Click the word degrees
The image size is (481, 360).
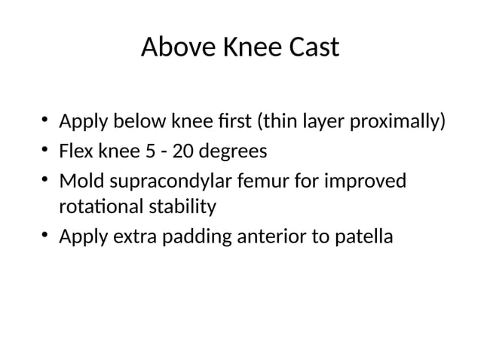[x=233, y=153]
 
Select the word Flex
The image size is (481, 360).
[x=78, y=152]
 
